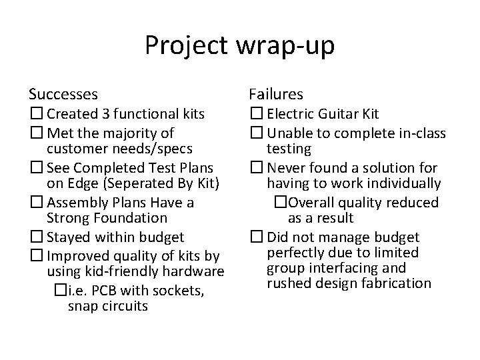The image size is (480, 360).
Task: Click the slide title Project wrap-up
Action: (x=240, y=47)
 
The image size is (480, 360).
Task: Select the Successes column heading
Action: (x=63, y=94)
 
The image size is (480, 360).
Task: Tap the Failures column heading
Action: (x=276, y=94)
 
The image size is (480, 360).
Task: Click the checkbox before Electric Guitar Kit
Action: (x=257, y=114)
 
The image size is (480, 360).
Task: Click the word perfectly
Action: (x=295, y=253)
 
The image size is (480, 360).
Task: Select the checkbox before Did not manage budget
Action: (x=257, y=237)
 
